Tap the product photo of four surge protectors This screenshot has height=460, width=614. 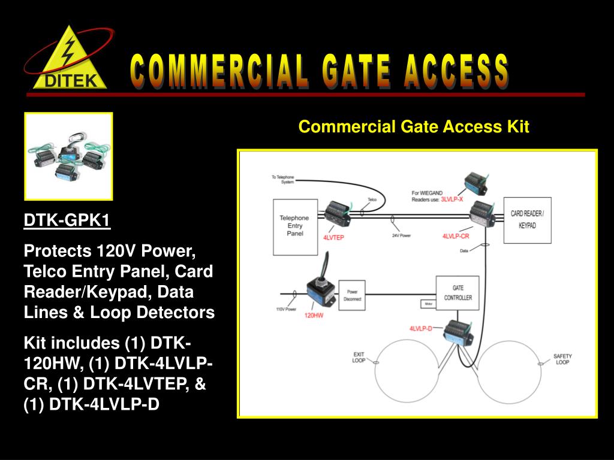pos(68,156)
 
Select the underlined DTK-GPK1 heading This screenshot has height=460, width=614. pos(67,222)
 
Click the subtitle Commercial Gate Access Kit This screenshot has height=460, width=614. pos(414,127)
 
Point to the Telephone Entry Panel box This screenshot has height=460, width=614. pos(294,226)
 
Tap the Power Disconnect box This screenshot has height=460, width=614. pos(352,295)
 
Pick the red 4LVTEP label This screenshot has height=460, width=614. pos(333,238)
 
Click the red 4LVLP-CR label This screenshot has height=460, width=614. pos(455,237)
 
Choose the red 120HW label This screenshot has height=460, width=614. pos(314,314)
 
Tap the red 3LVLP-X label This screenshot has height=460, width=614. pos(452,199)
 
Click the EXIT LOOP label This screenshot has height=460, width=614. pos(358,358)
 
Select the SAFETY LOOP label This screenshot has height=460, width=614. pos(562,359)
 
